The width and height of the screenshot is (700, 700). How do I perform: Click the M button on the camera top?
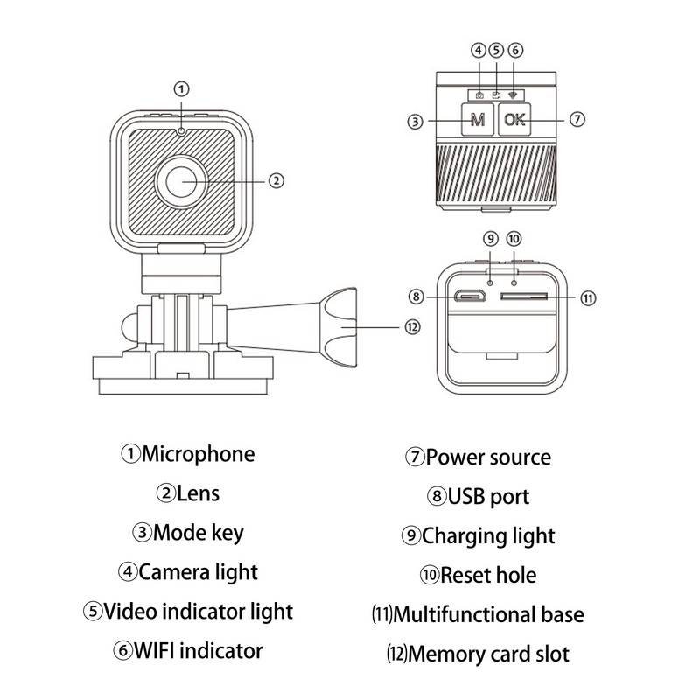478,121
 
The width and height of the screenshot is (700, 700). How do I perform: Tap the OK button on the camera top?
515,121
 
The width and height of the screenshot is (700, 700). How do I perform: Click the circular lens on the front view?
182,181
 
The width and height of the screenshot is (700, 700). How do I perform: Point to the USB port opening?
471,297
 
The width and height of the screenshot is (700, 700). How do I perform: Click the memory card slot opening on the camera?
525,297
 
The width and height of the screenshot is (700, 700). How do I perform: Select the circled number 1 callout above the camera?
181,88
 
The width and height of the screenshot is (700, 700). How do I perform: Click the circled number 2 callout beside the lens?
276,181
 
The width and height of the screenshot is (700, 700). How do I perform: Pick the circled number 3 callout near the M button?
416,122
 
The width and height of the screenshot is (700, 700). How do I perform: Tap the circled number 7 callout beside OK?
577,120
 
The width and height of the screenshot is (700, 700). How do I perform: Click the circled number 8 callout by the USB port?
417,297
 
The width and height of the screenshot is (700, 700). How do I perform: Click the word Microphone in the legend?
199,454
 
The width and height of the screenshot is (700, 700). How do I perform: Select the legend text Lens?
198,493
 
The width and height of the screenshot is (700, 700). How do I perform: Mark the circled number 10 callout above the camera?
514,238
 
